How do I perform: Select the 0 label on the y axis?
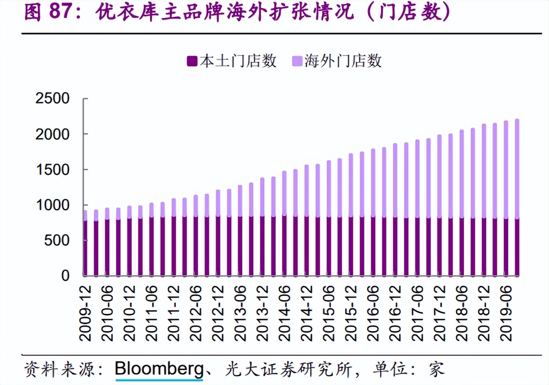[x=65, y=276]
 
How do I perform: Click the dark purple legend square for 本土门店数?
[x=192, y=62]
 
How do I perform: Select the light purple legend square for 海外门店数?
[x=297, y=62]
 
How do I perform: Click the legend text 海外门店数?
[x=343, y=61]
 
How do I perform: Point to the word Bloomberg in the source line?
[x=159, y=369]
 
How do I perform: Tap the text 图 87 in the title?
[x=47, y=13]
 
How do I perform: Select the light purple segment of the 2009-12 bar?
[x=85, y=215]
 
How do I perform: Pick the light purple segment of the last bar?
[x=517, y=168]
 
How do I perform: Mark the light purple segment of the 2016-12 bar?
[x=395, y=181]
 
